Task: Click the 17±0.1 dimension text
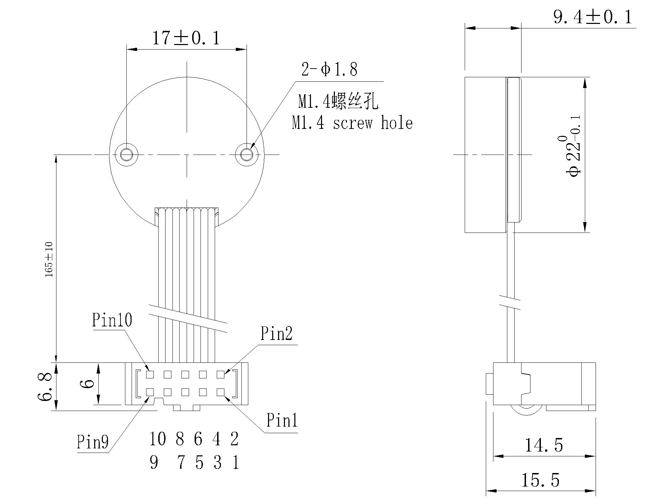[x=186, y=38]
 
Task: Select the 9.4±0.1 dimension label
[x=592, y=17]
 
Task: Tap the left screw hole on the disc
[x=127, y=154]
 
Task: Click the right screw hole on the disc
[x=247, y=154]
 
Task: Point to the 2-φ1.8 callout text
[x=329, y=69]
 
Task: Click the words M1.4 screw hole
[x=352, y=123]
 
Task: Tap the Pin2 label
[x=276, y=333]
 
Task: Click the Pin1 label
[x=282, y=420]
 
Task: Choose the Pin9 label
[x=92, y=442]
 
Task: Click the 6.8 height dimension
[x=45, y=387]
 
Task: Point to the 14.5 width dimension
[x=544, y=445]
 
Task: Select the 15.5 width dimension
[x=540, y=480]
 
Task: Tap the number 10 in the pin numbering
[x=158, y=439]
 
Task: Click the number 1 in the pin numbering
[x=236, y=462]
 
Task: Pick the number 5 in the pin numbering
[x=199, y=462]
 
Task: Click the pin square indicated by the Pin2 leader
[x=220, y=375]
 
